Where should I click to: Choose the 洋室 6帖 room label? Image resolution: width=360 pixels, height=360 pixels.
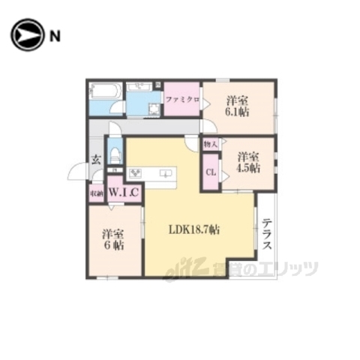114,239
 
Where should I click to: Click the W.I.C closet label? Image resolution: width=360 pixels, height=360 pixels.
124,193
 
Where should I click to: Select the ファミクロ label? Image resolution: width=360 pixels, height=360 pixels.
182,99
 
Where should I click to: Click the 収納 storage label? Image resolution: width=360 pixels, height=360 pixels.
97,194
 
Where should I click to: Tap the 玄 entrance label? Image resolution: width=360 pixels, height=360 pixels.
96,159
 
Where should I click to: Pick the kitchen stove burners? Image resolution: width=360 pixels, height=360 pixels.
136,174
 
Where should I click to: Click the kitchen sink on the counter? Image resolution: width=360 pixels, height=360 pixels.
165,175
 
